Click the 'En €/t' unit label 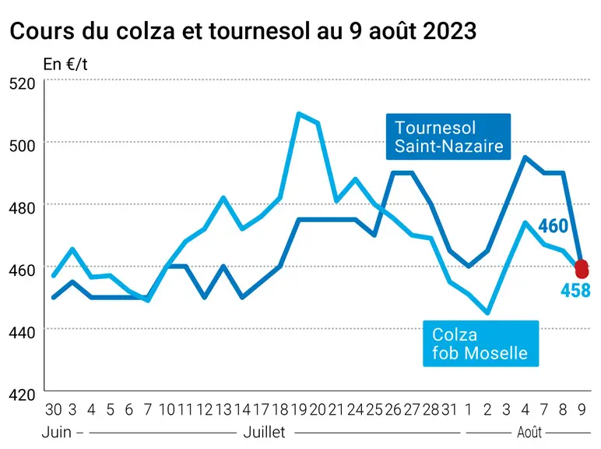click(65, 64)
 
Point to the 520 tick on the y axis click(22, 83)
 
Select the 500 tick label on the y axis click(22, 146)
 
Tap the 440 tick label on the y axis click(22, 332)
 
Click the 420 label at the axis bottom click(22, 394)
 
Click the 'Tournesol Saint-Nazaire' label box click(448, 136)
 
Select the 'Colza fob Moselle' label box click(480, 344)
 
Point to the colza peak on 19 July click(299, 114)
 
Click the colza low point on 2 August click(487, 313)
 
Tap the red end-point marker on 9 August click(582, 269)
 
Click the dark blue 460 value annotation click(553, 225)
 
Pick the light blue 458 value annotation click(575, 290)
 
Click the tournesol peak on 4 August click(525, 157)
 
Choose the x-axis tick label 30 click(53, 410)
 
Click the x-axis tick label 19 click(299, 410)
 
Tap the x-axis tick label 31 click(450, 410)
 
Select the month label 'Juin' click(57, 433)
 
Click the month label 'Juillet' click(265, 433)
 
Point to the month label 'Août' click(529, 433)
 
